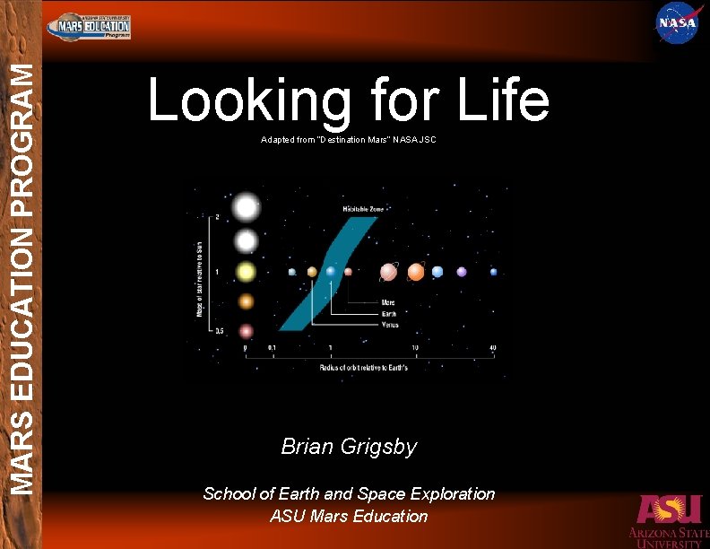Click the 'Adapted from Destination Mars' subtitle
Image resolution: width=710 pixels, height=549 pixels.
[x=348, y=140]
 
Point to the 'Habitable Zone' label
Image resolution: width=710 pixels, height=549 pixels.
[x=363, y=208]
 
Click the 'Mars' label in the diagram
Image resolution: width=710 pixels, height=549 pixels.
[x=388, y=303]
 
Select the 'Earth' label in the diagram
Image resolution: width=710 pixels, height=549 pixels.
[x=389, y=314]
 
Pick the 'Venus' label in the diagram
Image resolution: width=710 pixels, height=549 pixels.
[x=390, y=325]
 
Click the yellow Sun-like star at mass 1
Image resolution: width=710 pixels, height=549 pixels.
[x=246, y=271]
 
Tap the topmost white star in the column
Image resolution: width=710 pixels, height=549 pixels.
[x=246, y=208]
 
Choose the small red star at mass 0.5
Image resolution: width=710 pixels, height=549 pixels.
[x=246, y=330]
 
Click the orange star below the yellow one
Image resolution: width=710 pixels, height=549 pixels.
[x=246, y=302]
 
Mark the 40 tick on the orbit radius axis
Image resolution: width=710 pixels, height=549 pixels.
[x=493, y=348]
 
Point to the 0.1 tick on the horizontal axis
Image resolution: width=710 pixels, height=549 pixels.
[x=272, y=348]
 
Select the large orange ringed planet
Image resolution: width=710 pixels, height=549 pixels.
[x=416, y=271]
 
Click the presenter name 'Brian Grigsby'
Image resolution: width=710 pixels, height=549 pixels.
[x=349, y=446]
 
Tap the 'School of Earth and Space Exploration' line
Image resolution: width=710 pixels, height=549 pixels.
[x=349, y=493]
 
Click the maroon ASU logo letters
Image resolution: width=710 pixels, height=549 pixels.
[x=669, y=510]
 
